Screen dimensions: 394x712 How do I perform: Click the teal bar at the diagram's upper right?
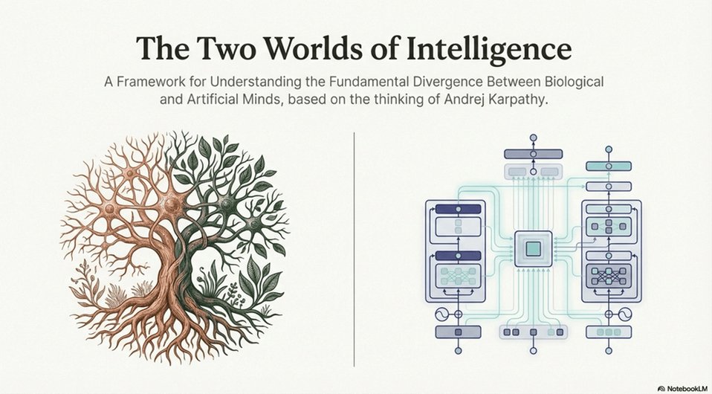click(x=608, y=166)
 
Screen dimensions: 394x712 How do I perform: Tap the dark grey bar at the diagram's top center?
click(x=532, y=154)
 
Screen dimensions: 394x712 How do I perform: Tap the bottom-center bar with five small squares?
click(x=531, y=332)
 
